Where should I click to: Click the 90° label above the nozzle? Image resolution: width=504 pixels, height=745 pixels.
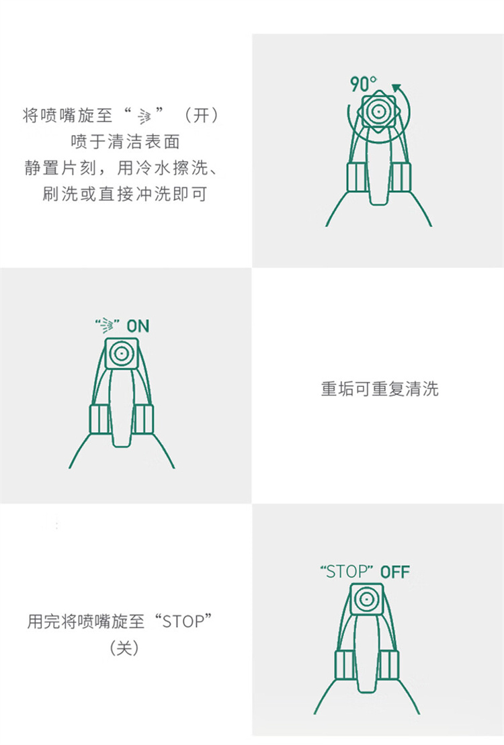click(x=364, y=84)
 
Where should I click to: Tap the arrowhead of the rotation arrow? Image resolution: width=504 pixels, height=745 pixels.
click(x=396, y=88)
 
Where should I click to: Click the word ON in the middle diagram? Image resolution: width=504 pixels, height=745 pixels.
click(x=138, y=326)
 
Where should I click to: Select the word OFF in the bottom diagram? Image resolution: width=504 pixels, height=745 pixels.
click(x=395, y=572)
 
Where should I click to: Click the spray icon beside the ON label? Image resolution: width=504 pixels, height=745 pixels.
click(x=106, y=325)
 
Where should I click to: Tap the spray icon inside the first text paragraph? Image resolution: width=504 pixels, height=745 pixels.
click(x=144, y=116)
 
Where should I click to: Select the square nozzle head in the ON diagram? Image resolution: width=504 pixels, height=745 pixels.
click(x=122, y=353)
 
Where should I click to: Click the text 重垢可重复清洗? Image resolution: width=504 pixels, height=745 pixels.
click(x=380, y=389)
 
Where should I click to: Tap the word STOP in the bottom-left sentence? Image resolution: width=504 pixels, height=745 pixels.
click(x=183, y=621)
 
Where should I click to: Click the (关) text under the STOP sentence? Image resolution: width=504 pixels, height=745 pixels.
click(x=124, y=647)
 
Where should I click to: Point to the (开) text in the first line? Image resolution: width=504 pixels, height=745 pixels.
click(x=202, y=115)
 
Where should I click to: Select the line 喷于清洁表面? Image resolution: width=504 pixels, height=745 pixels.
click(x=126, y=142)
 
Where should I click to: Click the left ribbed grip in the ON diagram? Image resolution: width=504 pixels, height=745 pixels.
click(x=99, y=419)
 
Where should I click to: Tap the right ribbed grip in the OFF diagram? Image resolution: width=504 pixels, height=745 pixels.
click(x=389, y=664)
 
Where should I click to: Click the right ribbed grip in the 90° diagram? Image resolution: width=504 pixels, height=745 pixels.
click(x=401, y=177)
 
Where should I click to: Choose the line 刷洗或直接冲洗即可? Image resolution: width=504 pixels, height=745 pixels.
click(x=124, y=194)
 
